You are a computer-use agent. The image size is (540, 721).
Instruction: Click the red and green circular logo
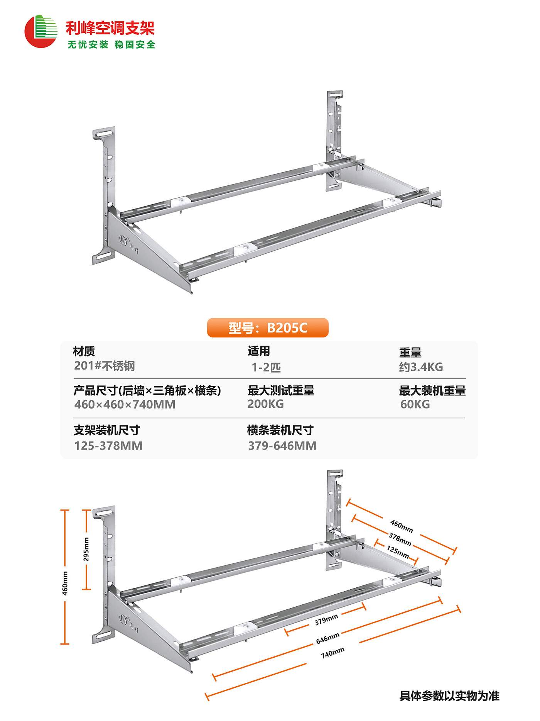(x=40, y=32)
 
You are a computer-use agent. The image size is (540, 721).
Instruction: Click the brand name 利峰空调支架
(x=110, y=28)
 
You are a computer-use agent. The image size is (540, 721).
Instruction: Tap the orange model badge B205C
(x=268, y=328)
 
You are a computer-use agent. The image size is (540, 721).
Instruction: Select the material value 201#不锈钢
(x=105, y=366)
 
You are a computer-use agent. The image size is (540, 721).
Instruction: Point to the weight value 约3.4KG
(x=421, y=367)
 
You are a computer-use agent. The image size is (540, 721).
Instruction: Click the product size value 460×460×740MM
(x=125, y=404)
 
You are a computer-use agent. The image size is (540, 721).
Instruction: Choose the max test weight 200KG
(x=265, y=404)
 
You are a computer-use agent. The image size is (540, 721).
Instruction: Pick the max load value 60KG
(x=415, y=404)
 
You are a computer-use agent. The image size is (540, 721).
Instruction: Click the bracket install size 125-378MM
(x=108, y=446)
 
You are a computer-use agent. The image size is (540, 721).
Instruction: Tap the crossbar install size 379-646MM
(x=282, y=446)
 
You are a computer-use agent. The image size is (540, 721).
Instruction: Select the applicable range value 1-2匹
(x=266, y=367)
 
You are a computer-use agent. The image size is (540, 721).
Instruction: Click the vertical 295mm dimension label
(x=86, y=549)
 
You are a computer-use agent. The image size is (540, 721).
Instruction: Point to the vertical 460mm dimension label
(x=65, y=583)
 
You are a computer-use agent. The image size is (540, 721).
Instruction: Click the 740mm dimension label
(x=332, y=653)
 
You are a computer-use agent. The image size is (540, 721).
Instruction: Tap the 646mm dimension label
(x=328, y=638)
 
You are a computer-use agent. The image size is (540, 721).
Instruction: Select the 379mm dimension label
(x=326, y=619)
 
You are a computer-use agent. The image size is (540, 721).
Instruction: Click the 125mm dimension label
(x=398, y=552)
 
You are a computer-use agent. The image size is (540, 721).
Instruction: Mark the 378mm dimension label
(x=400, y=539)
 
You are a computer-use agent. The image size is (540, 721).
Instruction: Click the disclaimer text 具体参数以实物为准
(x=449, y=696)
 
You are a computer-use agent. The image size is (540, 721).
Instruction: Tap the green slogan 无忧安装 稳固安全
(x=111, y=45)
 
